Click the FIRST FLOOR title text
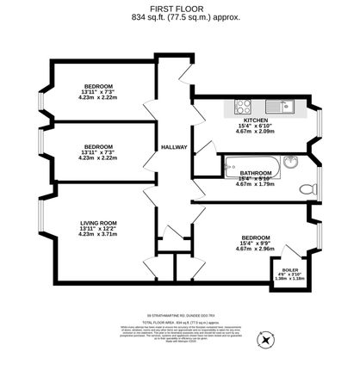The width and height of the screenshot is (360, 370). click(x=179, y=8)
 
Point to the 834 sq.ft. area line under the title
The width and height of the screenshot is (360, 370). click(x=179, y=16)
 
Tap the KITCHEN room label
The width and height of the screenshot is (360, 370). click(x=255, y=120)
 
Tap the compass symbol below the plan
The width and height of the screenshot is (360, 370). click(x=265, y=340)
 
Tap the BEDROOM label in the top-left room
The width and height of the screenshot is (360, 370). click(x=97, y=87)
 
